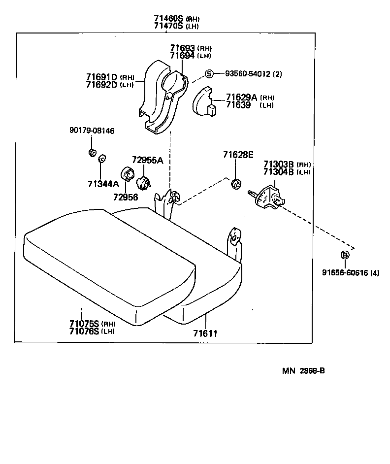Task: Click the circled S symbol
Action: pyautogui.click(x=209, y=74)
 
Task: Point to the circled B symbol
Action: pyautogui.click(x=345, y=255)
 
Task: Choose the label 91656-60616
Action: pyautogui.click(x=344, y=272)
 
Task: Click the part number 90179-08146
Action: pyautogui.click(x=92, y=131)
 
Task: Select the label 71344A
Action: pyautogui.click(x=103, y=184)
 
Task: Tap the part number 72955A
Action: pyautogui.click(x=147, y=160)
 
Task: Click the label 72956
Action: pyautogui.click(x=126, y=197)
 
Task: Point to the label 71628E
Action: pyautogui.click(x=237, y=155)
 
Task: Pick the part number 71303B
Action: pyautogui.click(x=278, y=164)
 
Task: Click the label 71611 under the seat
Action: pyautogui.click(x=205, y=333)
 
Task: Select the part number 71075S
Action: pyautogui.click(x=84, y=323)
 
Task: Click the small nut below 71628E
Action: pyautogui.click(x=236, y=184)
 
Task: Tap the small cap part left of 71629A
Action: pyautogui.click(x=203, y=102)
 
